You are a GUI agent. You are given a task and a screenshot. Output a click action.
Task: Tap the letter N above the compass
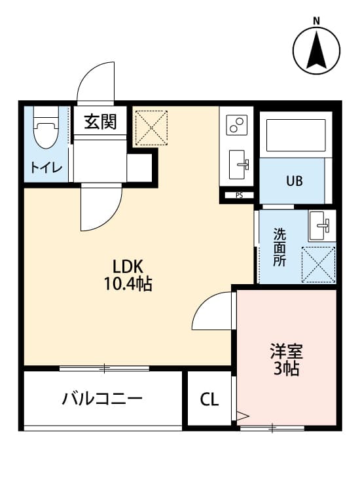316,20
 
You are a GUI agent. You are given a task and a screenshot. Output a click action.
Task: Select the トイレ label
46,168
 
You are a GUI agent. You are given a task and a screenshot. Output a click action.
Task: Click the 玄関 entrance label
100,121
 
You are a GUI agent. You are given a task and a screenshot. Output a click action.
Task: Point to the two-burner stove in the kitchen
236,124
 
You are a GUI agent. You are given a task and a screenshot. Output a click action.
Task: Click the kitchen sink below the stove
238,161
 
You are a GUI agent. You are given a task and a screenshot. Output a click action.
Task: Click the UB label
293,181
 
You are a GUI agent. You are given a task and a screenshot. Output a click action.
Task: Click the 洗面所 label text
279,246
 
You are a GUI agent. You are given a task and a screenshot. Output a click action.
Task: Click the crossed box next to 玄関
151,128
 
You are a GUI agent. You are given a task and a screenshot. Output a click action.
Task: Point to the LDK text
128,266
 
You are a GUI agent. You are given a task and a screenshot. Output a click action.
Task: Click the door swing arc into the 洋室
211,311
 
